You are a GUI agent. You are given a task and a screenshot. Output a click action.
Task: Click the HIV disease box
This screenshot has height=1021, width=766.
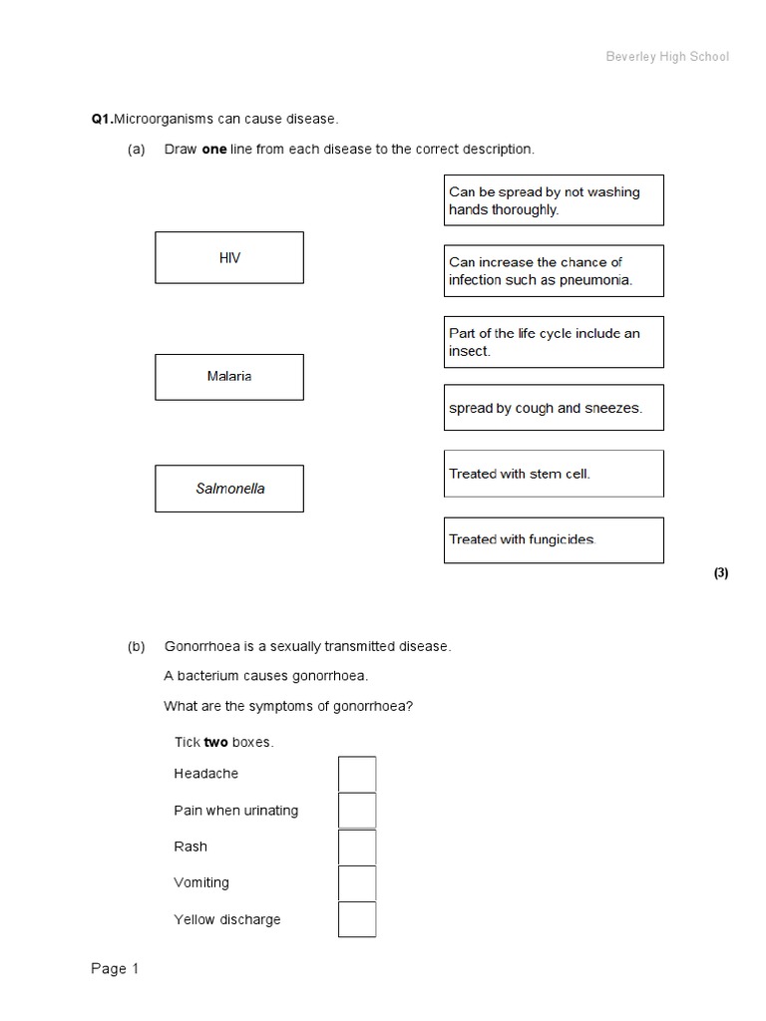[x=229, y=258]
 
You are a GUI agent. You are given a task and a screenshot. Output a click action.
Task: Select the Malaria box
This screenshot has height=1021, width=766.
[x=229, y=377]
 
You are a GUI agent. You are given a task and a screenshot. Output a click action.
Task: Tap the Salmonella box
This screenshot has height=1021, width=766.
[x=229, y=489]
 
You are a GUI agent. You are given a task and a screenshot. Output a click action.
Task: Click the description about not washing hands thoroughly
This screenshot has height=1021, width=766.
[x=554, y=200]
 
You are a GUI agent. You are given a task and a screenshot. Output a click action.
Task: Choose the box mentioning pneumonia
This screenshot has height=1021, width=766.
[x=554, y=271]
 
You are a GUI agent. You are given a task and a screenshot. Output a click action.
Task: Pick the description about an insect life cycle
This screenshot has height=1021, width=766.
[x=554, y=342]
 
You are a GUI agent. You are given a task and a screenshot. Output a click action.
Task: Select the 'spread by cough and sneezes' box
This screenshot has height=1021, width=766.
[x=554, y=408]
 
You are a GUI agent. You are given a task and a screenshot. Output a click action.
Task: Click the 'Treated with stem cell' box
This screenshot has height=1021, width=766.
[x=554, y=474]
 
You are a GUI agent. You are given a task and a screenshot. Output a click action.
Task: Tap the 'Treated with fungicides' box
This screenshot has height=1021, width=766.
[x=554, y=539]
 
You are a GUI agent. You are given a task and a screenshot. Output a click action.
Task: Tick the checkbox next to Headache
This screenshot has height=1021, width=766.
[x=357, y=775]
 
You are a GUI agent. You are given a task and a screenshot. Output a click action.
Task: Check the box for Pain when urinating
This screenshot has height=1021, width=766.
[x=357, y=811]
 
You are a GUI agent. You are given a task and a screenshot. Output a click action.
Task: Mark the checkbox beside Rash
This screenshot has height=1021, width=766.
[x=357, y=848]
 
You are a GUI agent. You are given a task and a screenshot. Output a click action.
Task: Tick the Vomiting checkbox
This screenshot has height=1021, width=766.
[x=357, y=883]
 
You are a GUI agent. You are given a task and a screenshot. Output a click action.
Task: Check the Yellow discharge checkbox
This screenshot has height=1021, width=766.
[x=357, y=919]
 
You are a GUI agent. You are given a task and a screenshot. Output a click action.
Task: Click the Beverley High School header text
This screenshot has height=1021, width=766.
[x=667, y=57]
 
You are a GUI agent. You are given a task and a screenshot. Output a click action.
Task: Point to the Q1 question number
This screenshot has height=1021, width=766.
[x=101, y=120]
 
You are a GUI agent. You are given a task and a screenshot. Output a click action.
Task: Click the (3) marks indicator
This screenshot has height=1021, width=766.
[x=721, y=573]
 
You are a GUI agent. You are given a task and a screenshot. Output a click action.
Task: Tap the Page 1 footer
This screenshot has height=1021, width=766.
[x=116, y=969]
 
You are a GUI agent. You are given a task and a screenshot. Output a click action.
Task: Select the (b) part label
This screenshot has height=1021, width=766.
[x=137, y=647]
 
